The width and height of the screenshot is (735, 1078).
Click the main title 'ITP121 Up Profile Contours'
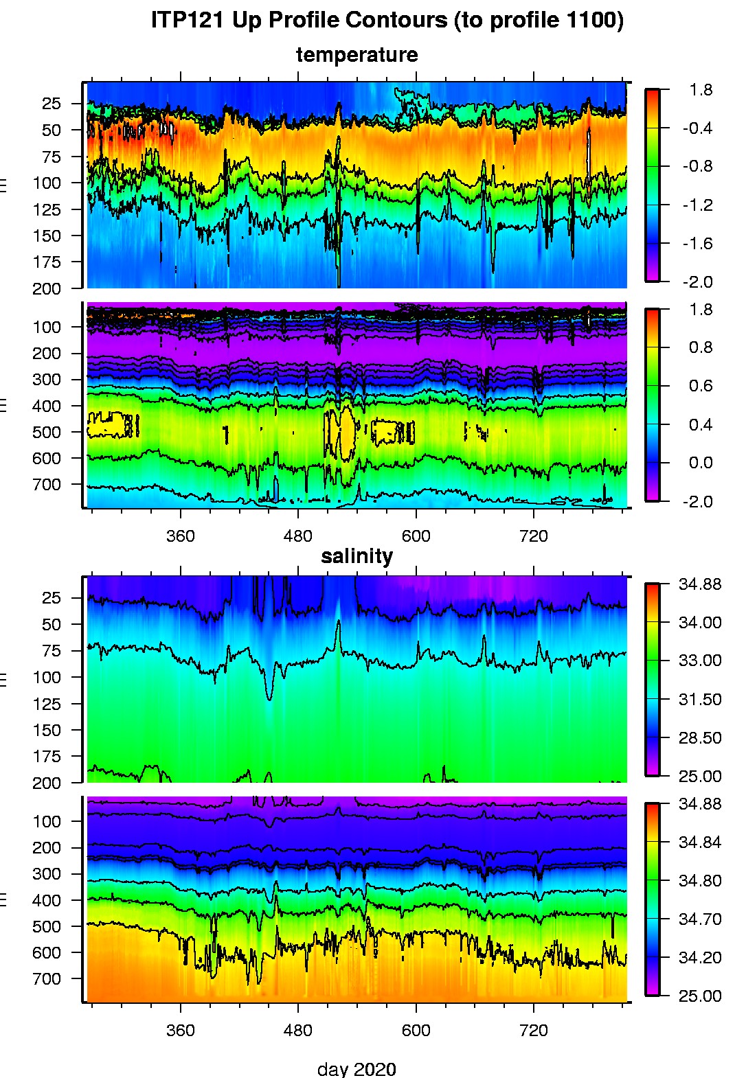coord(387,21)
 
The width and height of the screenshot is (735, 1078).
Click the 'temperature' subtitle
coord(357,55)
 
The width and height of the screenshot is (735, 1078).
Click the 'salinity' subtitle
coord(357,556)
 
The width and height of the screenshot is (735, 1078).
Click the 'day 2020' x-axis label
coord(357,1068)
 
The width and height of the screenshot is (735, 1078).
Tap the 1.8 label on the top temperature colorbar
coord(701,90)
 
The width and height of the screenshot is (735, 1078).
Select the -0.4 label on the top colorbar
coord(697,128)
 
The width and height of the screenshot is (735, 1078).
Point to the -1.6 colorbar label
coord(697,244)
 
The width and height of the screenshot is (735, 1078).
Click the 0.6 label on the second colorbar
coord(701,386)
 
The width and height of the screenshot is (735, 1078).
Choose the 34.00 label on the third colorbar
coord(700,623)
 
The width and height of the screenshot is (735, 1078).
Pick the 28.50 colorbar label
coord(700,738)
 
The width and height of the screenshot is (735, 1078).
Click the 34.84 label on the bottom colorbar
coord(700,842)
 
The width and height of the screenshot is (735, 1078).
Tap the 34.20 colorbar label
coord(700,958)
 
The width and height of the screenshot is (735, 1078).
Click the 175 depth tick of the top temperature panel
coord(47,262)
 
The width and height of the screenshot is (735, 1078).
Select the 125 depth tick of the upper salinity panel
coord(47,704)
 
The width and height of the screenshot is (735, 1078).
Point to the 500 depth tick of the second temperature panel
coord(47,433)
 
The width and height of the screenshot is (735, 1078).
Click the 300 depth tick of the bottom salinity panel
coord(47,874)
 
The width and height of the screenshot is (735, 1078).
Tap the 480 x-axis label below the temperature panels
coord(297,536)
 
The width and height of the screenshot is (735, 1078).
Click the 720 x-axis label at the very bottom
coord(534,1031)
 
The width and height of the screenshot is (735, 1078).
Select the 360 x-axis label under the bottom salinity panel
coord(180,1031)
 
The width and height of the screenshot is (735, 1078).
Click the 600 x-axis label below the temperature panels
coord(416,536)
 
